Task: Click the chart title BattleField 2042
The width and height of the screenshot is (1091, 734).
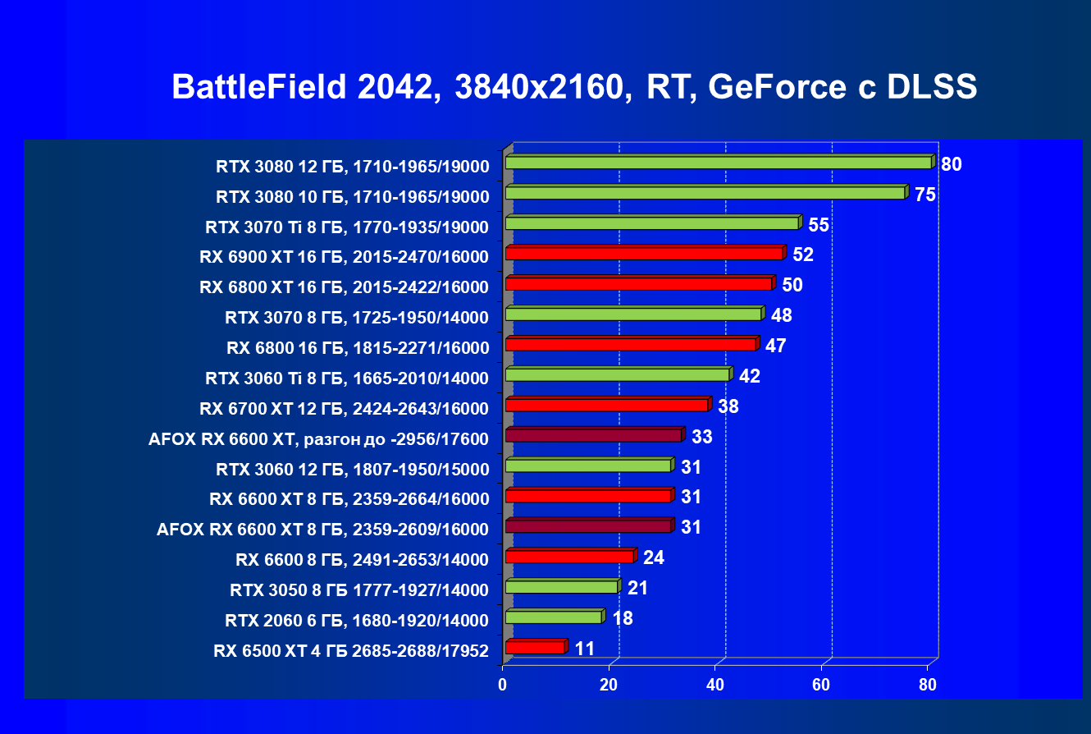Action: click(573, 87)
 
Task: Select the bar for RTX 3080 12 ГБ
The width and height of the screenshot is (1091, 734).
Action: click(719, 163)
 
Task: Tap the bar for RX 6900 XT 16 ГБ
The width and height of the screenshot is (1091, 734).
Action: click(644, 254)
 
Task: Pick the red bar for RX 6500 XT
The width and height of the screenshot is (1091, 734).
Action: click(535, 648)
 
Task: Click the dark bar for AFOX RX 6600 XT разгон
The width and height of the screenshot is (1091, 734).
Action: click(594, 435)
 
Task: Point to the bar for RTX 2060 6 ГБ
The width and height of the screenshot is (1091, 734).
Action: click(554, 617)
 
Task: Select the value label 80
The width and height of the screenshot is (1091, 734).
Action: click(951, 164)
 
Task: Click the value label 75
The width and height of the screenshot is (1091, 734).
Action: click(925, 195)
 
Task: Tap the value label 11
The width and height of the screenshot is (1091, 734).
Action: click(585, 649)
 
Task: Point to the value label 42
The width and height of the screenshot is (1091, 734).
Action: click(750, 376)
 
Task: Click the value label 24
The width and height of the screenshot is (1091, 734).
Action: click(654, 557)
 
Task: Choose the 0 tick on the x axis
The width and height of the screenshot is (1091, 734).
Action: click(503, 686)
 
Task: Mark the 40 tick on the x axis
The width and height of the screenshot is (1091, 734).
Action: click(715, 686)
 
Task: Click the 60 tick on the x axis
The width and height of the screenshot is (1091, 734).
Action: click(822, 686)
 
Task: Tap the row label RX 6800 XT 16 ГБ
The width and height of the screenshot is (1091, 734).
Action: click(345, 287)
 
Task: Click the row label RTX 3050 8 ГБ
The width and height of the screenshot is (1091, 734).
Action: click(359, 590)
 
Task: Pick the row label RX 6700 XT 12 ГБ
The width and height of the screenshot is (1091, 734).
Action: click(345, 409)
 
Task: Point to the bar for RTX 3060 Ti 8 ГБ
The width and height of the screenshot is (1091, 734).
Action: click(618, 374)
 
